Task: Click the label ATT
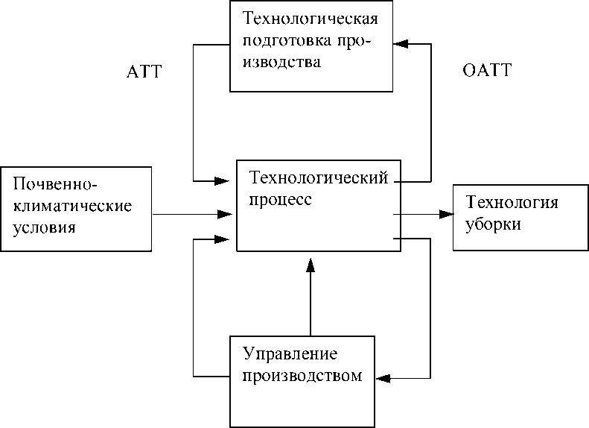coord(144,72)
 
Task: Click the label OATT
coord(487,70)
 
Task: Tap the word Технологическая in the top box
coord(311,19)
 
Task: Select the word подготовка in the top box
coord(287,40)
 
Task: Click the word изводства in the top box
coord(281,62)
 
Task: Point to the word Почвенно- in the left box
coord(55,184)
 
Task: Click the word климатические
coord(72,206)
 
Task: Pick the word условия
coord(45,228)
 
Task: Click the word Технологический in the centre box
coord(319,177)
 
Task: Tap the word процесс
coord(281,200)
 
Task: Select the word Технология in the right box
coord(512,202)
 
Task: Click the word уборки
coord(493,224)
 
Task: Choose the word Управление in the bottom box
coord(290,354)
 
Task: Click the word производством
coord(302,376)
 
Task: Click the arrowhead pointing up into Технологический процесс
coord(311,265)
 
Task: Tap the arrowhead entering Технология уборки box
coord(446,215)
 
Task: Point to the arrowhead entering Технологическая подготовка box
coord(401,44)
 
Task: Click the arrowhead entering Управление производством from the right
coord(383,378)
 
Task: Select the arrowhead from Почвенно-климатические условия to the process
coord(225,215)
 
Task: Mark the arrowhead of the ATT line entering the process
coord(222,181)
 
